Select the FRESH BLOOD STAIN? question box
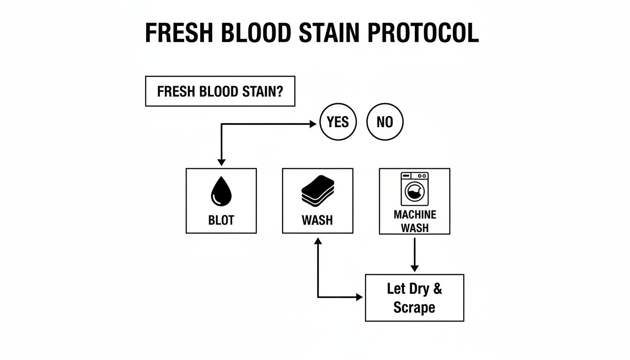pos(220,91)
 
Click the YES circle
pos(337,122)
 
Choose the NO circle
pos(384,122)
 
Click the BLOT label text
pos(221,220)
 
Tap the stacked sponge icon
pos(317,190)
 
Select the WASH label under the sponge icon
pos(317,220)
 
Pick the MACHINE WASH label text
pos(414,221)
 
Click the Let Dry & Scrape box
pos(414,298)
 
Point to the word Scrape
pos(414,308)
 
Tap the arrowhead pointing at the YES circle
pos(314,124)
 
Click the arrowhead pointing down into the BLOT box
pos(221,162)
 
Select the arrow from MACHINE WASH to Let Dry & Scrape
pos(414,253)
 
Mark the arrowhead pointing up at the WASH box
pos(318,241)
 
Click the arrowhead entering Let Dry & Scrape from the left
pos(360,297)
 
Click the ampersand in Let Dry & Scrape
pos(437,288)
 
